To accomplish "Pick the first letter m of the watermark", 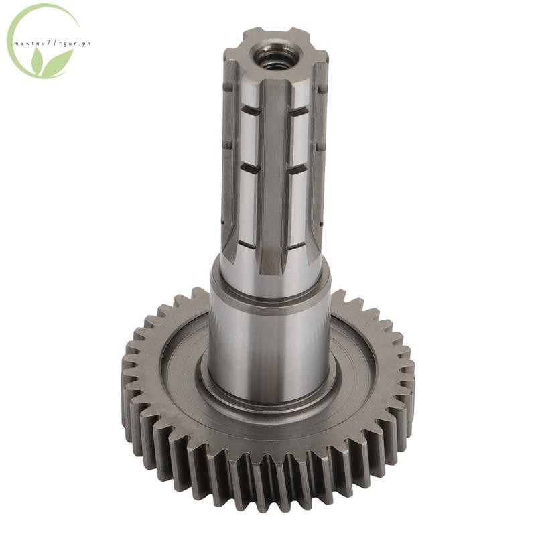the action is pos(15,44).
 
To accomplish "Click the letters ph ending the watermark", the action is pos(86,44).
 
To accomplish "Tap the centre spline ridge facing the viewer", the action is pos(272,178).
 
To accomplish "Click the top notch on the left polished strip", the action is pos(250,110).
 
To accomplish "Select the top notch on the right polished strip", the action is pos(297,110).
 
